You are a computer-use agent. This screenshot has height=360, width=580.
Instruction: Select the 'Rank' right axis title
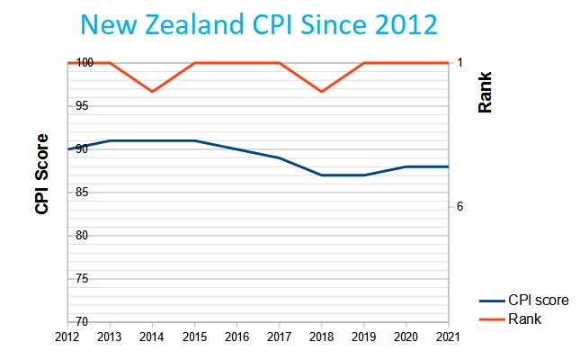pyautogui.click(x=486, y=93)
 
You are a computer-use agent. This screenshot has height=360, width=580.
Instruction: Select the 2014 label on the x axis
pyautogui.click(x=152, y=337)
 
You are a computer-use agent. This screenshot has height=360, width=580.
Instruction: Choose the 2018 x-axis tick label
pyautogui.click(x=321, y=337)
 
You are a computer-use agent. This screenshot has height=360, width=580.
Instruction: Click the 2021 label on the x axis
pyautogui.click(x=447, y=337)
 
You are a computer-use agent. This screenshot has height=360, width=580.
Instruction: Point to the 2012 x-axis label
pyautogui.click(x=67, y=337)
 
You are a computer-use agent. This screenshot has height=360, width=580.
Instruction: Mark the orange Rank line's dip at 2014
pyautogui.click(x=152, y=92)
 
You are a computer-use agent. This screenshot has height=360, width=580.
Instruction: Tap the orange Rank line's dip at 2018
pyautogui.click(x=321, y=92)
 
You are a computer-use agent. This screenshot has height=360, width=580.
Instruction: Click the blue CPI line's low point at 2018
pyautogui.click(x=321, y=175)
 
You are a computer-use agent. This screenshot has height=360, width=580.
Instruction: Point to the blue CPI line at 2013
pyautogui.click(x=110, y=140)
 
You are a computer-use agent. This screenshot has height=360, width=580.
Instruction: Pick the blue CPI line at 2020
pyautogui.click(x=406, y=166)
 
